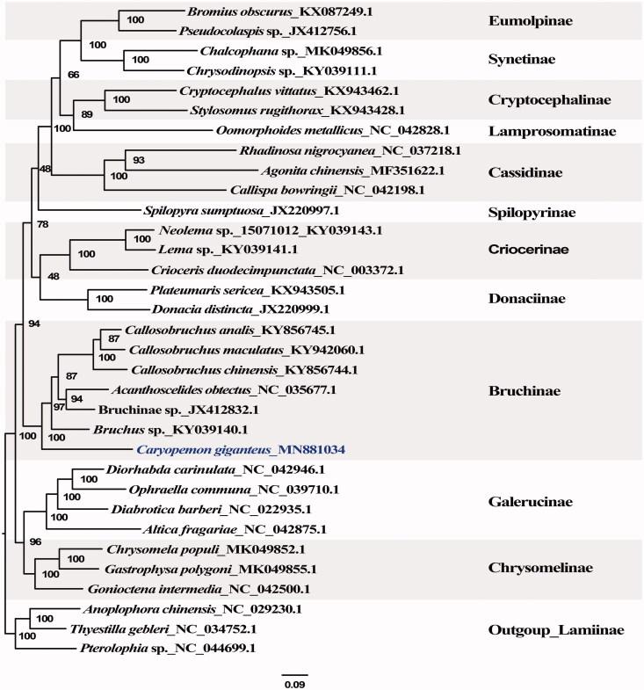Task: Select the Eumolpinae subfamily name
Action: [531, 18]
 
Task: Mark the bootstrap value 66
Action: [74, 75]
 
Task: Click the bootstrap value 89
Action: [86, 114]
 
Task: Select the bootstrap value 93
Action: [138, 160]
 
